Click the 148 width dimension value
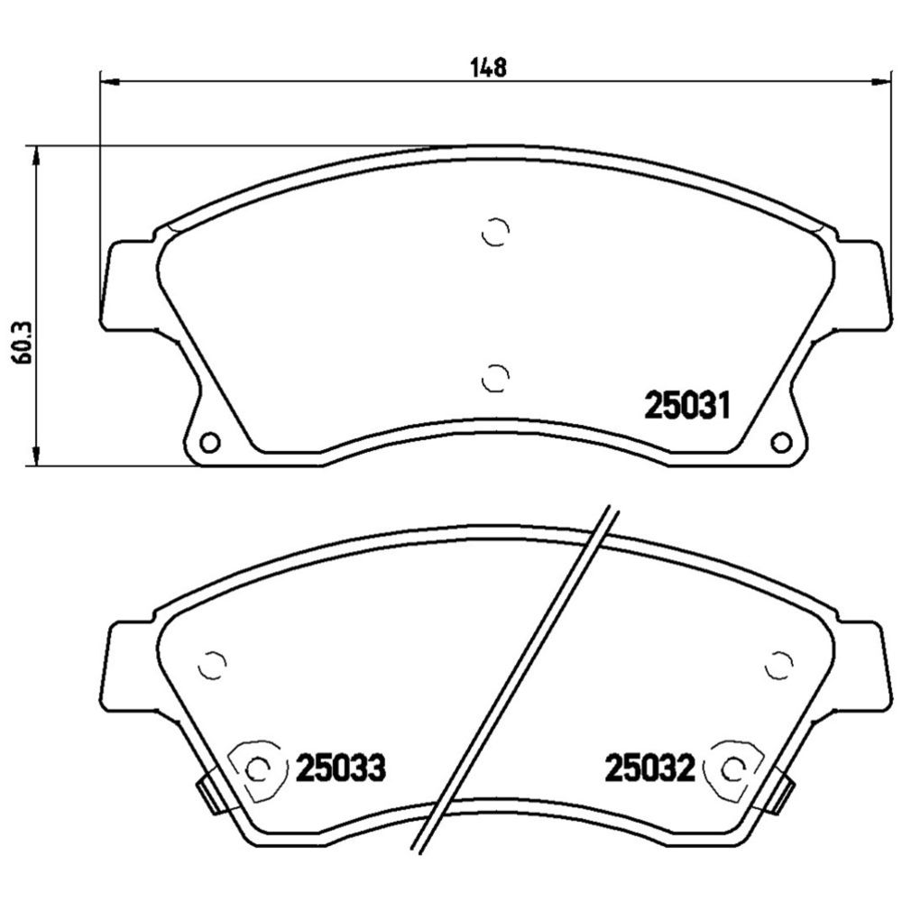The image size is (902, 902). [488, 68]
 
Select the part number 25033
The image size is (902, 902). [341, 768]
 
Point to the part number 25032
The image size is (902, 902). [649, 768]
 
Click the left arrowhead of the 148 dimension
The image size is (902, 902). [109, 82]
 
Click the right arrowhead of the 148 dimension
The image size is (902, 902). [880, 82]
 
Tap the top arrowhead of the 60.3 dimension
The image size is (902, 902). [36, 156]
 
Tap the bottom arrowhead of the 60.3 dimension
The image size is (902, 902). [36, 456]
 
